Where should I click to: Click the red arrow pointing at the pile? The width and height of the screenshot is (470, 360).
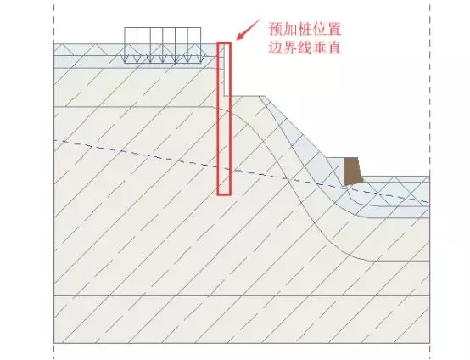(x=249, y=30)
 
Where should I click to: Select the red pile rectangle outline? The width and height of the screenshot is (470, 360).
(x=218, y=120)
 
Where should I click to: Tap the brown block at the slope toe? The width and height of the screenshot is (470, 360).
(x=353, y=171)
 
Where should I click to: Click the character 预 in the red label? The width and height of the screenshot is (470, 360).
(x=275, y=29)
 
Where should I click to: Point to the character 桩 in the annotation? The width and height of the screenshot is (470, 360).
(x=305, y=29)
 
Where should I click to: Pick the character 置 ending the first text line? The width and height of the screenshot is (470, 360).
(x=334, y=29)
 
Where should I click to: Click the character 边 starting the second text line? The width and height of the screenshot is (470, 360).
(x=275, y=47)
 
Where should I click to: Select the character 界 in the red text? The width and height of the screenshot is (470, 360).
(x=290, y=47)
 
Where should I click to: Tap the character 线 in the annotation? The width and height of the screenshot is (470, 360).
(x=305, y=47)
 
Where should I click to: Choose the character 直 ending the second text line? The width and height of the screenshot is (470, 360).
(x=334, y=47)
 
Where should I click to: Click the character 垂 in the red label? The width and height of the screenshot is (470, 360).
(x=319, y=47)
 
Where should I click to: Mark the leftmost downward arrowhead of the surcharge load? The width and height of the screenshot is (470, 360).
(x=125, y=60)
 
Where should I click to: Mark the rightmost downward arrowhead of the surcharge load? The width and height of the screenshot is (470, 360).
(x=201, y=60)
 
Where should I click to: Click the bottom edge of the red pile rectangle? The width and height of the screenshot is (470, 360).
(x=224, y=194)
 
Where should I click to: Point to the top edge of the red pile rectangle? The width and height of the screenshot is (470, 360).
(x=224, y=43)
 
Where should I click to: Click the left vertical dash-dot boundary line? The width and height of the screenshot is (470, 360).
(x=54, y=180)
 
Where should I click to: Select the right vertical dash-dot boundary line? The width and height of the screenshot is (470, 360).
(x=430, y=180)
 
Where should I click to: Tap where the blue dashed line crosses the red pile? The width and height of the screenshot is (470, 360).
(x=224, y=168)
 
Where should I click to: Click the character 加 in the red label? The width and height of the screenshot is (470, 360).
(x=290, y=29)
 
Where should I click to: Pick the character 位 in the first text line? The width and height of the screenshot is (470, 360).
(x=319, y=29)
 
